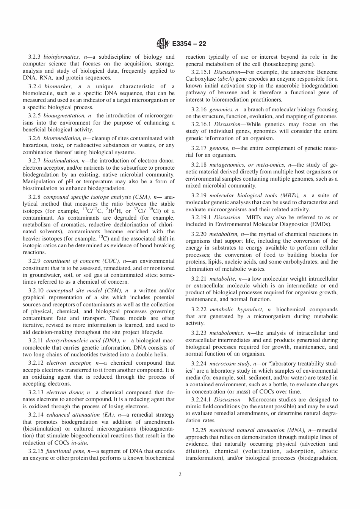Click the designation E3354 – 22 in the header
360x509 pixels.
189,44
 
